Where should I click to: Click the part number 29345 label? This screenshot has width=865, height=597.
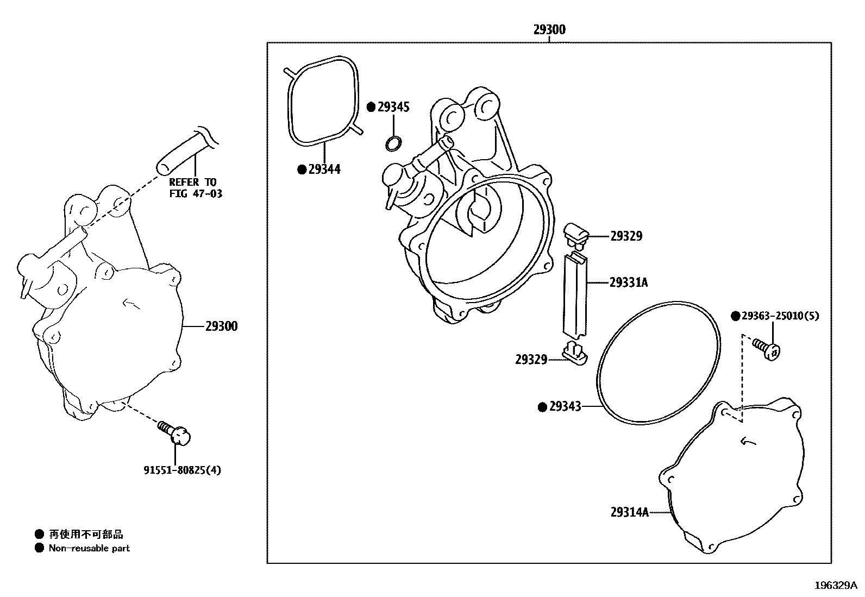(393, 107)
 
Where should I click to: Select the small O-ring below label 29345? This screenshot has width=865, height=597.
(394, 143)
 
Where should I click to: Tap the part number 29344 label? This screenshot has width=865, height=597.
(324, 169)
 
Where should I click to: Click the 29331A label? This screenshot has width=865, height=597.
(628, 282)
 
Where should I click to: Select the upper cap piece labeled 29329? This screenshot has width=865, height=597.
(576, 232)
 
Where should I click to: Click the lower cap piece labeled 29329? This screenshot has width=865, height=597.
(575, 353)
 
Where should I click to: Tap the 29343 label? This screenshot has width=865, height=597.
(565, 406)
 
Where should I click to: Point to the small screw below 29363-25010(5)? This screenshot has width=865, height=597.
(767, 348)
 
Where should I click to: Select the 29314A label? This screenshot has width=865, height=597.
(629, 512)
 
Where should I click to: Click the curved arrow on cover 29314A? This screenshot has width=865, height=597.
(748, 442)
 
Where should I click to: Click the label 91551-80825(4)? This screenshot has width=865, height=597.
(182, 470)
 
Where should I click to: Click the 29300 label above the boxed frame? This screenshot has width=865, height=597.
(549, 30)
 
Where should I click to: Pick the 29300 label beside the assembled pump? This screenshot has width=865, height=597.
(221, 326)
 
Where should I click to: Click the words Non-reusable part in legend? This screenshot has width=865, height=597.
(89, 548)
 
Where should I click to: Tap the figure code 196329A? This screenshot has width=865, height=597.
(835, 585)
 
